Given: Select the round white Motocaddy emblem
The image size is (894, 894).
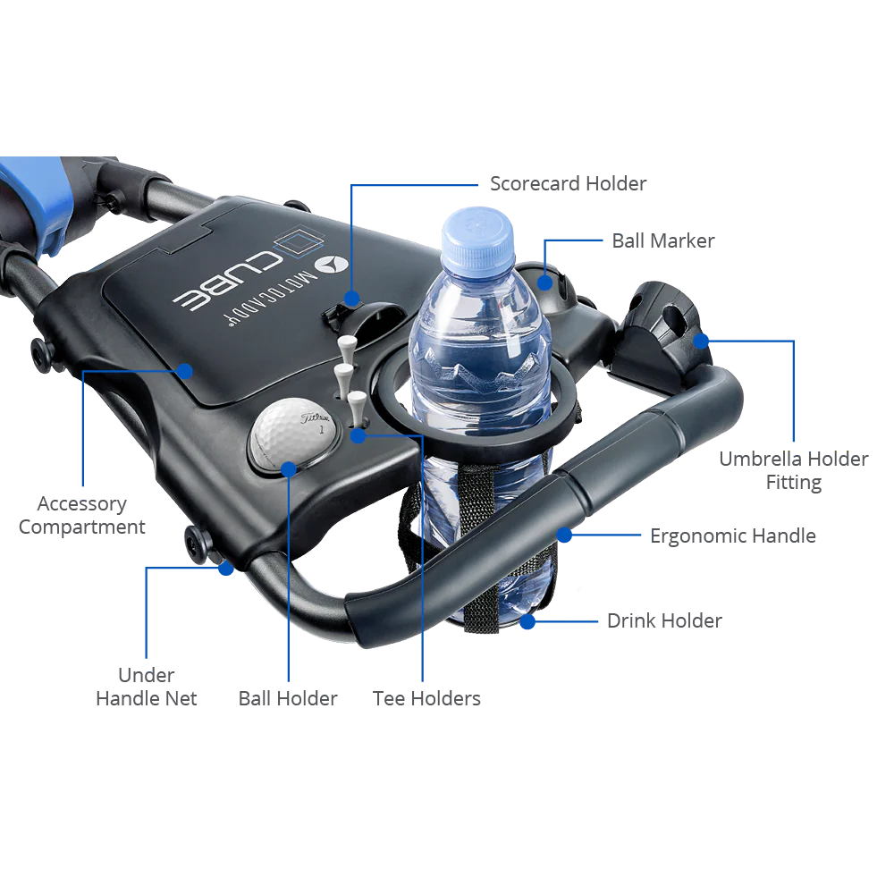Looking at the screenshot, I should point(333,265).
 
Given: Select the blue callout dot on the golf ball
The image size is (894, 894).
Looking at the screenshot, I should point(290,468).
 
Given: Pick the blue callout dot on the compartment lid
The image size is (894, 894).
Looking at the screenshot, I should point(185,370).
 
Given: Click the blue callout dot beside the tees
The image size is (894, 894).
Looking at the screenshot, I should point(358,435).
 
